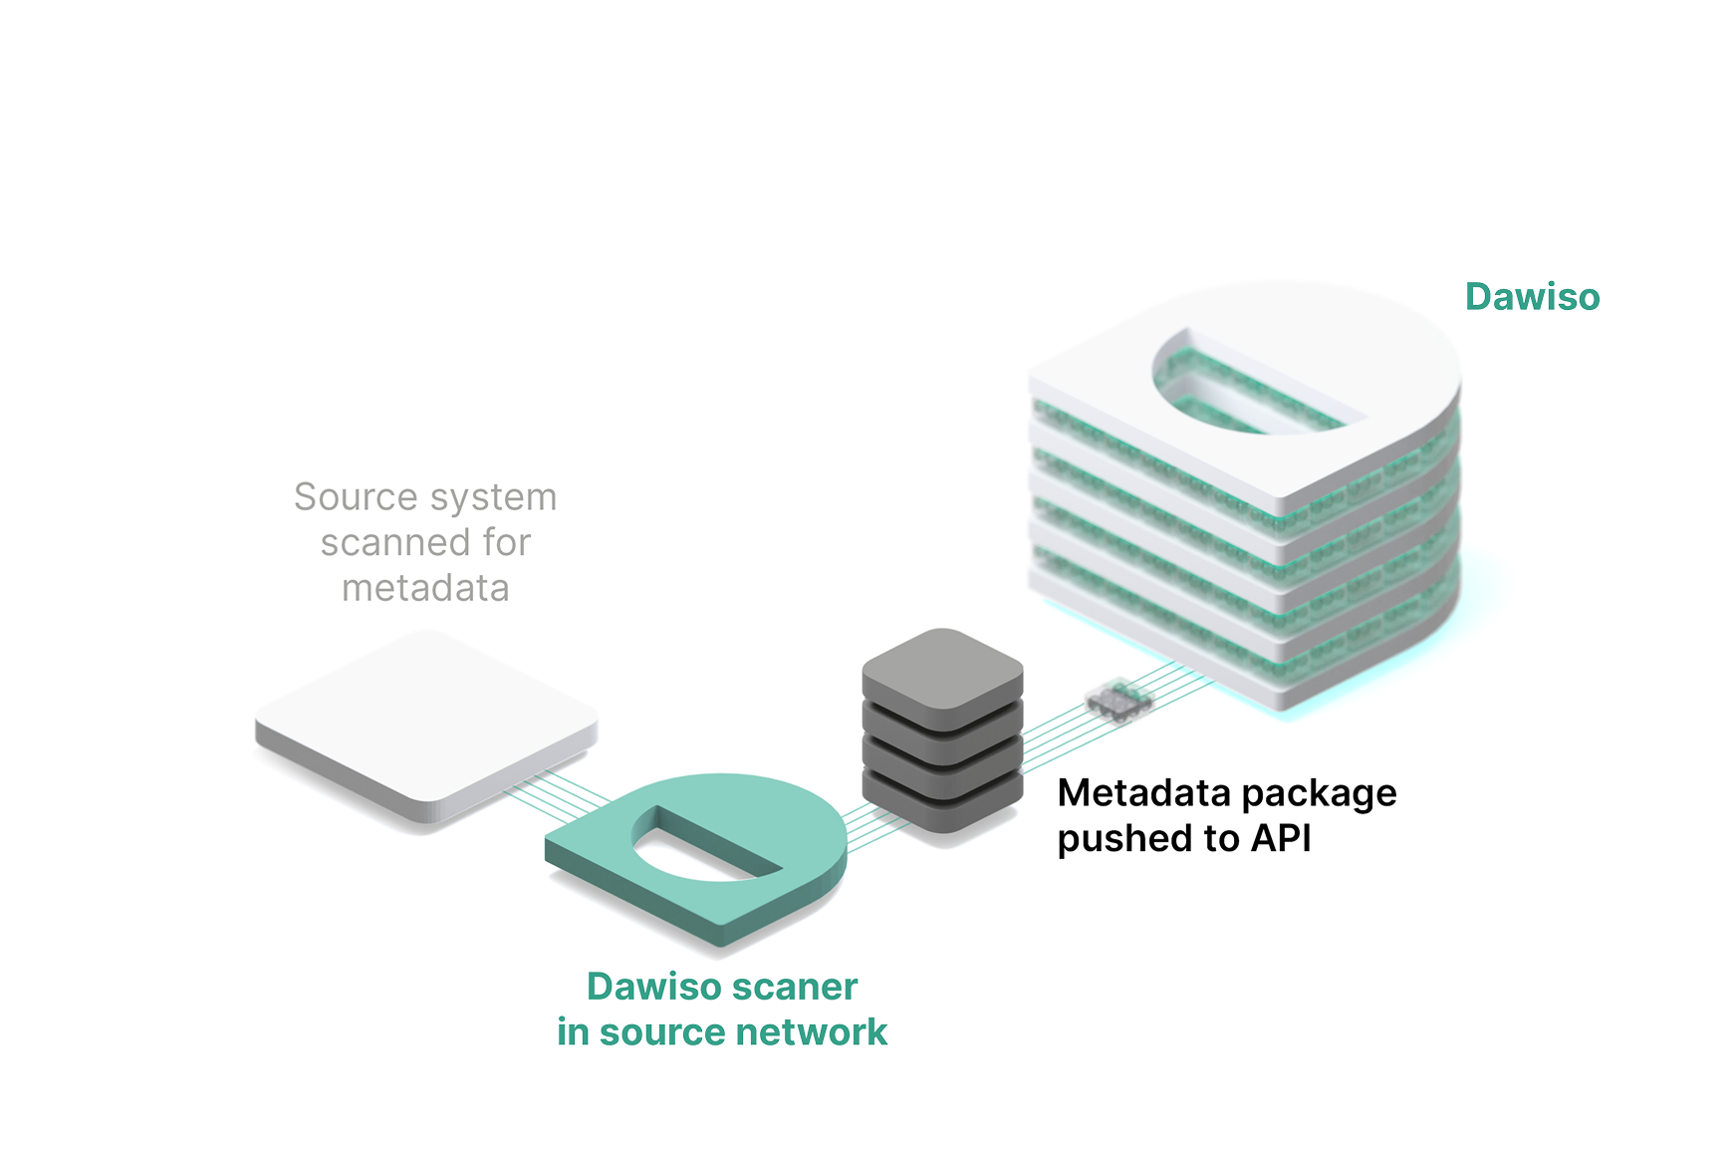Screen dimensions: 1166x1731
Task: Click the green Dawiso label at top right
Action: pos(1532,297)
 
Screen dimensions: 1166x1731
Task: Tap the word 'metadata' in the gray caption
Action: pos(425,588)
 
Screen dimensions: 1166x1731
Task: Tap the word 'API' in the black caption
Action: pos(1281,838)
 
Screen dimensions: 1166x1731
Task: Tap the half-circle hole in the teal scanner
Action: pos(697,852)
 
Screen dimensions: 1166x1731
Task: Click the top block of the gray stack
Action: pos(942,666)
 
